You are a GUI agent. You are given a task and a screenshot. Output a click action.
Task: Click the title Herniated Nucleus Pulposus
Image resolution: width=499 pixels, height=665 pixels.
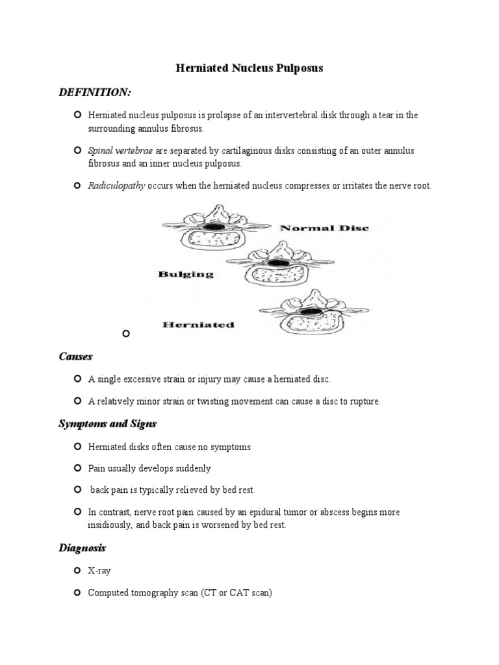tap(250, 68)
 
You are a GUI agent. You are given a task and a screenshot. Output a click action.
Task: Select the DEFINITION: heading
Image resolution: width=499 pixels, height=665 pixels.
tap(95, 93)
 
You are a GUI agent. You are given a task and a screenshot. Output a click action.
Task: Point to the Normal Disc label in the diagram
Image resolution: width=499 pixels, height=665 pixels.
tap(324, 229)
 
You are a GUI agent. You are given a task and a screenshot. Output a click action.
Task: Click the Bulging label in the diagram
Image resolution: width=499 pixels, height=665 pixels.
tap(185, 274)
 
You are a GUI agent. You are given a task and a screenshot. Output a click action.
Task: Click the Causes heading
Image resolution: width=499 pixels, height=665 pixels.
tap(75, 357)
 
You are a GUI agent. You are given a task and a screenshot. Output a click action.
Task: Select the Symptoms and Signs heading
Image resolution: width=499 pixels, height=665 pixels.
tap(107, 424)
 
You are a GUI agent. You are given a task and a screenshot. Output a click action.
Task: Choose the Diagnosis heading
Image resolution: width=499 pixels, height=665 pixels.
tap(82, 548)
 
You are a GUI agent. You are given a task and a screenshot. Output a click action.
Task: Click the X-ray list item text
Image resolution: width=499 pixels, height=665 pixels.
tap(99, 571)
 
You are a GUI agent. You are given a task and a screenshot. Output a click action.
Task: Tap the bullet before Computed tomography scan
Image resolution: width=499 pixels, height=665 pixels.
tap(77, 592)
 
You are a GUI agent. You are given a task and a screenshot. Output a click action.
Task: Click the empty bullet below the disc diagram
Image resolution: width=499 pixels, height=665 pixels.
tap(126, 334)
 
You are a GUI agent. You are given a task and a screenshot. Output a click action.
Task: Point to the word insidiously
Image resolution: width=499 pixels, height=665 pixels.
tap(112, 525)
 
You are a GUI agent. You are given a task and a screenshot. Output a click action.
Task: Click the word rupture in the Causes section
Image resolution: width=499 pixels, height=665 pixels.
tap(365, 401)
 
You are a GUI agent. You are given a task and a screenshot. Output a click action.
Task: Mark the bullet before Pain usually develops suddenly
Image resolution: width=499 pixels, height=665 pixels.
tap(77, 468)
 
